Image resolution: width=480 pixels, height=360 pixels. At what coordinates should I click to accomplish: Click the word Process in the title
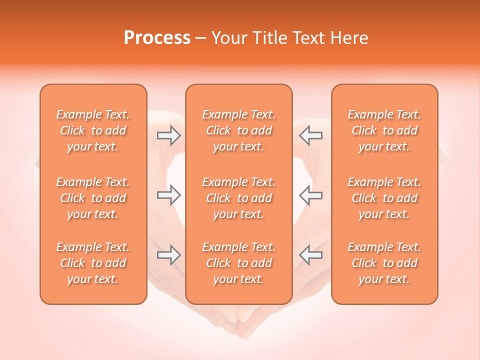[157, 38]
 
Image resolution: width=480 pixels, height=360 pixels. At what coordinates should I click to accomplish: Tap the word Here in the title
[349, 38]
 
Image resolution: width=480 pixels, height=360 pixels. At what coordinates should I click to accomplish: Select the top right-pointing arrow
[169, 135]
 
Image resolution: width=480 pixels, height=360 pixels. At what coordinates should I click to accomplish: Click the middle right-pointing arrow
[169, 195]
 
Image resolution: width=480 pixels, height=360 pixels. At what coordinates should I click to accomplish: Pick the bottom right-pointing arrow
[169, 255]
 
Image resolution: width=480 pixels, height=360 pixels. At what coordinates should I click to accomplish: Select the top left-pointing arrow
[311, 135]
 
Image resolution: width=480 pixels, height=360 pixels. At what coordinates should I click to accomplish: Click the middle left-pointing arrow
[311, 195]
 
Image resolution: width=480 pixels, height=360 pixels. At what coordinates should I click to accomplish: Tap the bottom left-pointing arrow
[311, 255]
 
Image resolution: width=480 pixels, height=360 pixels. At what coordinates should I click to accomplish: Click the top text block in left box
[93, 130]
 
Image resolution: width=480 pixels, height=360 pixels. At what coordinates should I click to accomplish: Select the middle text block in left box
[93, 198]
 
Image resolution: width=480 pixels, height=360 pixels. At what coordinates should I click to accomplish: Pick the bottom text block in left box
[93, 263]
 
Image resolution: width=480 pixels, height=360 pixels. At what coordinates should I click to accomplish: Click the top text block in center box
[239, 130]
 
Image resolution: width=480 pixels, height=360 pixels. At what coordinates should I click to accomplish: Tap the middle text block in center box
[239, 198]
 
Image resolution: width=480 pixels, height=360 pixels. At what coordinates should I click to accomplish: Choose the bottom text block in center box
[239, 263]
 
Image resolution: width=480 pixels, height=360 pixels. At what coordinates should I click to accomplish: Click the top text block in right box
[384, 130]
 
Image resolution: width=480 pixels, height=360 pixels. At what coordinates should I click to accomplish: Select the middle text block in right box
[384, 198]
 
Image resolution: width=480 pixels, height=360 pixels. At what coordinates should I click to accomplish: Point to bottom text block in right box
[384, 263]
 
